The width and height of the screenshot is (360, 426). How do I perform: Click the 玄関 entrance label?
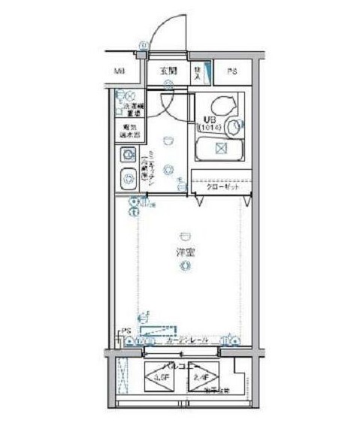click(168, 71)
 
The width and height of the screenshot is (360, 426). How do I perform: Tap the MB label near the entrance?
click(119, 72)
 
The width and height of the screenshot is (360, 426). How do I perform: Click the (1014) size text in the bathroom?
click(209, 128)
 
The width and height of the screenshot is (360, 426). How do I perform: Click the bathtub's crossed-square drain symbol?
click(220, 147)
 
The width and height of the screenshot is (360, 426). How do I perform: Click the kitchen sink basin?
click(126, 180)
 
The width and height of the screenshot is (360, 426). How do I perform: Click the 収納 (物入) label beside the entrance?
click(197, 71)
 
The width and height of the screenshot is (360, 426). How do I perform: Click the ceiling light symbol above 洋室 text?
click(184, 234)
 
